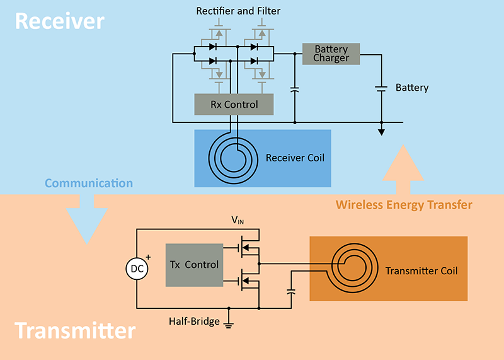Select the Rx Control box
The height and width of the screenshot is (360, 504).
(x=234, y=105)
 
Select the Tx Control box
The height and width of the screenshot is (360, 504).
(x=194, y=265)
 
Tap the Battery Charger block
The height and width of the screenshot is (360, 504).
(x=331, y=54)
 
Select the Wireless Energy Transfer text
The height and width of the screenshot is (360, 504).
(x=404, y=205)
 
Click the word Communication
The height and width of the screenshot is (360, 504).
(x=88, y=183)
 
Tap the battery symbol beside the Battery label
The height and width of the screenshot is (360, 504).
(x=381, y=89)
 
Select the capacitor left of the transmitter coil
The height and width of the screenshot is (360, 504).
(x=290, y=292)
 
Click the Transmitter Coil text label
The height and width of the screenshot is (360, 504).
(x=421, y=271)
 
